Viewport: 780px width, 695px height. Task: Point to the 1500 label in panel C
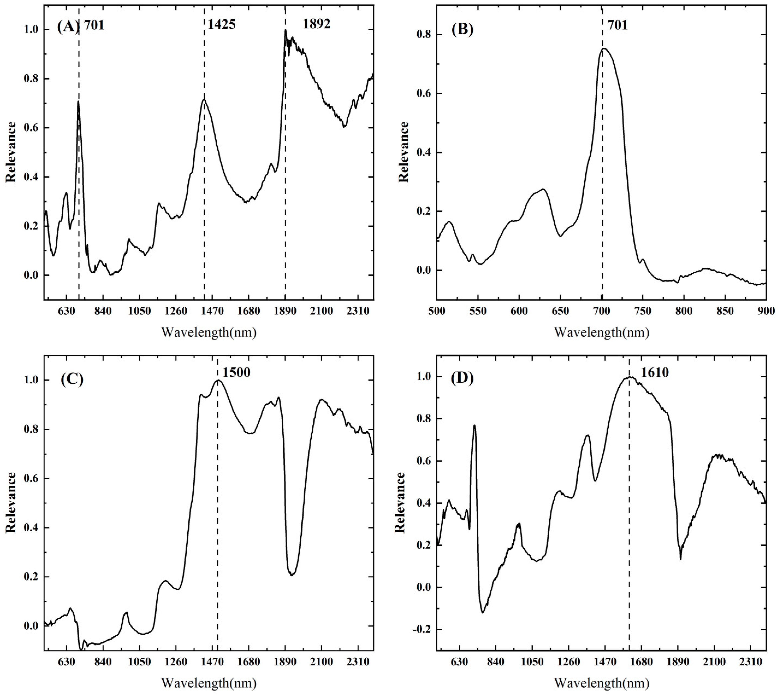237,372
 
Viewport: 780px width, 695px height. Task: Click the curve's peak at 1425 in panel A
204,100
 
